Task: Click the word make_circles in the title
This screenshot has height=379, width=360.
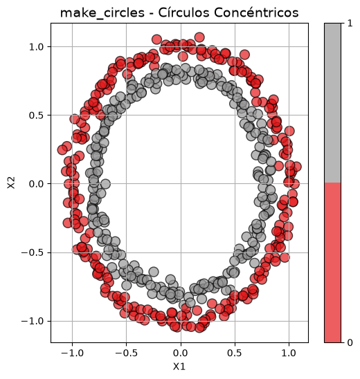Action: (x=102, y=12)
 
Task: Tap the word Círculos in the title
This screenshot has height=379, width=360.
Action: (x=183, y=12)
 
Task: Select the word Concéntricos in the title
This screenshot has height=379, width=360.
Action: (x=256, y=12)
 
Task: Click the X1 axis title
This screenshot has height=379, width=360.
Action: (x=179, y=367)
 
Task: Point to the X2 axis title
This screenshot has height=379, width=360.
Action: (x=11, y=183)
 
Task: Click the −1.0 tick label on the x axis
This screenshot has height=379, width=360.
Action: (x=72, y=353)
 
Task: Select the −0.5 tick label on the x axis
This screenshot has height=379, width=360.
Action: (x=126, y=353)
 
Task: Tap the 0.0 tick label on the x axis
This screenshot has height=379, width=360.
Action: (x=181, y=353)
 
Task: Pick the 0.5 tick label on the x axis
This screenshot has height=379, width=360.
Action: (x=235, y=353)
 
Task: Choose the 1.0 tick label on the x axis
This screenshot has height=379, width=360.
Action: (x=289, y=353)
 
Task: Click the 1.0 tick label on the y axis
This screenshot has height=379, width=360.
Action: (x=36, y=46)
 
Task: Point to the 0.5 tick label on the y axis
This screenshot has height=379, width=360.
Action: (x=36, y=115)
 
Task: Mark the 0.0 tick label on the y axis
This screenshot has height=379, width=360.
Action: (x=36, y=184)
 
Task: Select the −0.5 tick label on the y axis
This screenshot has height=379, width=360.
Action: (x=33, y=252)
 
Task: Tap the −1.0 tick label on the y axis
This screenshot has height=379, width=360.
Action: (x=33, y=321)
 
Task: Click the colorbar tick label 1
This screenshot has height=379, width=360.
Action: (x=350, y=24)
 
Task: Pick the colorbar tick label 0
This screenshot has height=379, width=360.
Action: (x=350, y=342)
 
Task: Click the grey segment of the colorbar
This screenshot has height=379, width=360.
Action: (x=333, y=103)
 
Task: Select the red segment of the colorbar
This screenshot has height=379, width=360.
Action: (x=333, y=263)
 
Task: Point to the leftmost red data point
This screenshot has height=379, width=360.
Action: (x=62, y=150)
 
